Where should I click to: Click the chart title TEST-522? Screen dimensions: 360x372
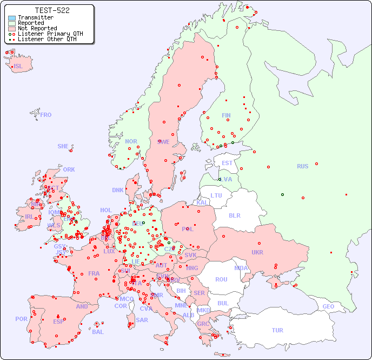tap(52, 10)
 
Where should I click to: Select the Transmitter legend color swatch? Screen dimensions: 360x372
tap(12, 17)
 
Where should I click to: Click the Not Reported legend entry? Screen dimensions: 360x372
tap(37, 28)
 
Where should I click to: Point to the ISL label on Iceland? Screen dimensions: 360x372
tap(18, 67)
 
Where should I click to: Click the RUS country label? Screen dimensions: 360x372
tap(302, 166)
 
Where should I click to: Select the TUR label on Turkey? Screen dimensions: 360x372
tap(277, 330)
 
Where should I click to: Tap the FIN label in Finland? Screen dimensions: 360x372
tap(226, 115)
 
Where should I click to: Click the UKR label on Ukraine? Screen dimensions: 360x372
tap(257, 252)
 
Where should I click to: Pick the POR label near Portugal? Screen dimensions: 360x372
tap(21, 319)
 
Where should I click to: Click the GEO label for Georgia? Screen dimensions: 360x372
tap(328, 306)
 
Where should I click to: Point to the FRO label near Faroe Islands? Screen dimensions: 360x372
tap(45, 115)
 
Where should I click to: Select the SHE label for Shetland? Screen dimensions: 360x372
tap(63, 146)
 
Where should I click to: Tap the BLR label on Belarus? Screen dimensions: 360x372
tap(234, 215)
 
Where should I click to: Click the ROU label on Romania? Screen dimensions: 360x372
tap(221, 279)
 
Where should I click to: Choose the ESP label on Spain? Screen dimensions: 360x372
tap(58, 321)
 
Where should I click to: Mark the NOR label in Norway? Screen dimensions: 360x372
tap(131, 141)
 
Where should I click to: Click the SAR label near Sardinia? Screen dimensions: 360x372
tap(142, 319)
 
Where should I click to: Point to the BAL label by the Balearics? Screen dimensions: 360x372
tap(97, 332)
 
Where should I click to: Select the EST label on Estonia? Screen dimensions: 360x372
tap(227, 163)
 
